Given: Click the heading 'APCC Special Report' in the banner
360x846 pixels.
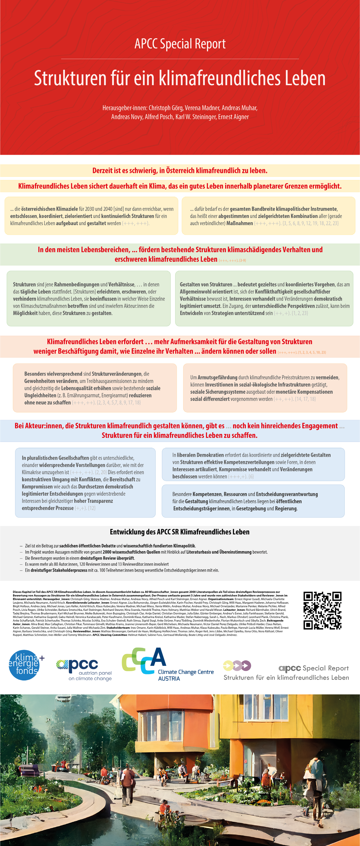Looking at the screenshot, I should click(180, 44).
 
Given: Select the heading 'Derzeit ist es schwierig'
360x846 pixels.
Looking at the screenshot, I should click(180, 170).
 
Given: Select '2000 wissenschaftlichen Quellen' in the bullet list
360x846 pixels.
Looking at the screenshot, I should click(131, 552).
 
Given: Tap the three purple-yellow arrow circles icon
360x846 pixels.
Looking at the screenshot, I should click(237, 666).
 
